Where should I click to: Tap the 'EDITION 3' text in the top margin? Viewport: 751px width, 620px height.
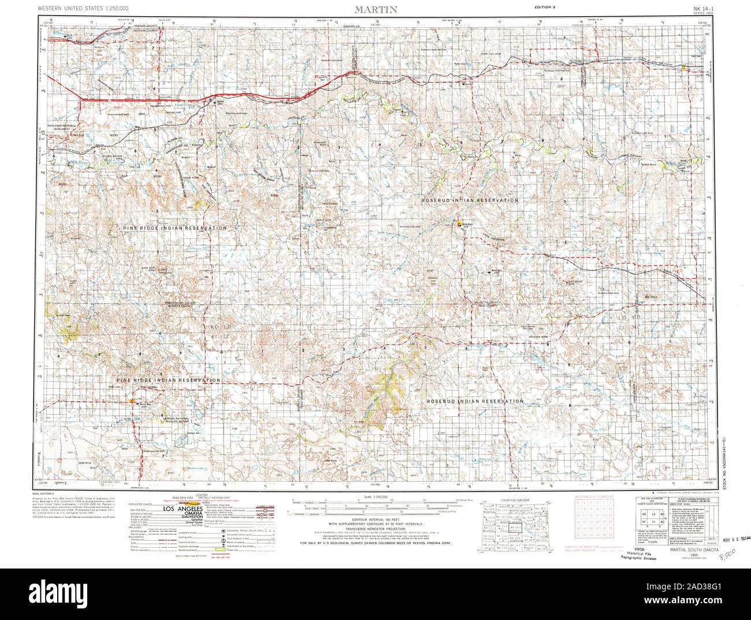click(546, 6)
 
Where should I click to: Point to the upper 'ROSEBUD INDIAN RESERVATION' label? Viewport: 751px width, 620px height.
click(469, 200)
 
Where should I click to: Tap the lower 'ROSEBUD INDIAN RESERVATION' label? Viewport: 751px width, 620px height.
click(475, 401)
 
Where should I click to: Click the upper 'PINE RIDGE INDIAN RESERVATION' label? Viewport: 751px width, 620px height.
click(174, 228)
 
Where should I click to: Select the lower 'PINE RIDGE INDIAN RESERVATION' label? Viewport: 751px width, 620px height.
click(168, 380)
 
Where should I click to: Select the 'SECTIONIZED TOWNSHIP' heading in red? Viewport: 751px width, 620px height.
click(595, 497)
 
